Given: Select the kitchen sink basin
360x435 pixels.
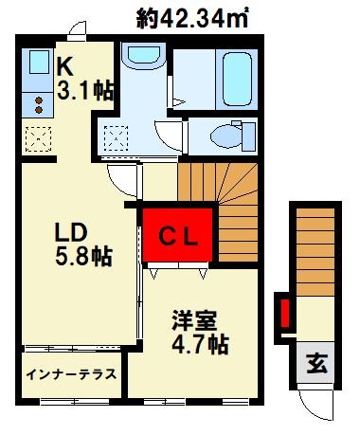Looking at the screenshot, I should [39, 63].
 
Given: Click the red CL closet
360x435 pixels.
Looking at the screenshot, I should [176, 235].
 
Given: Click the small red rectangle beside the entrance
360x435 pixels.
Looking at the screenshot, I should [282, 314].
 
